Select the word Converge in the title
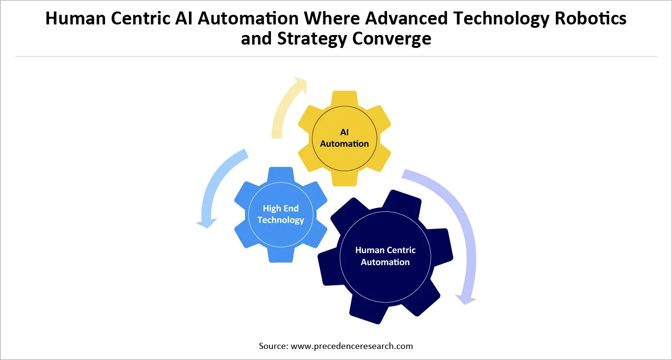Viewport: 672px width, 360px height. (x=392, y=38)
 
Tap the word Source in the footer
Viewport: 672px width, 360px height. (x=272, y=346)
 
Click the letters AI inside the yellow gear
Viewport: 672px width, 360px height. (x=344, y=132)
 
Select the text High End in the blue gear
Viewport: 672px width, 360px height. (x=281, y=209)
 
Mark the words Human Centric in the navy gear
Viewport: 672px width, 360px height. (x=385, y=250)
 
